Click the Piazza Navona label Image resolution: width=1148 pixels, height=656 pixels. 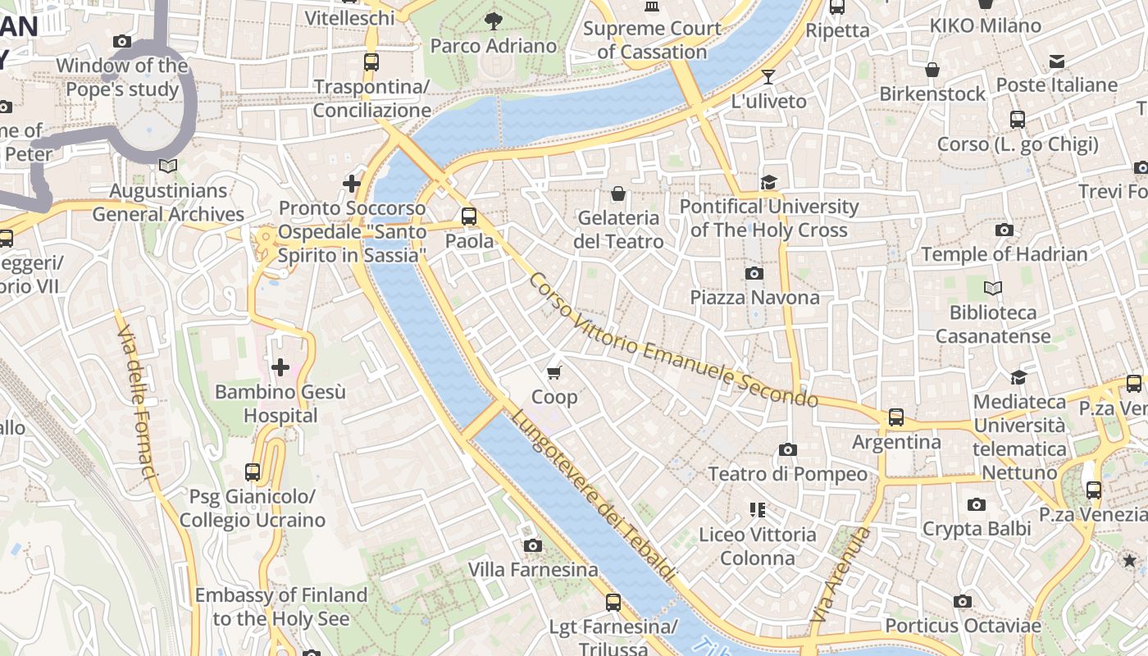(754, 297)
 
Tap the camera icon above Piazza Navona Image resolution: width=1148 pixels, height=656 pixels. (754, 273)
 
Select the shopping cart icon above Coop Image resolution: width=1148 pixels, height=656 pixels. (554, 373)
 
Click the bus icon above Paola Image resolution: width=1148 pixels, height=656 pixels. (469, 216)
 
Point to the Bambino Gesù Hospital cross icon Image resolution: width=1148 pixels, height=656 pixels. (280, 367)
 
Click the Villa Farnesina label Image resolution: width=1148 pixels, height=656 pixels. (533, 569)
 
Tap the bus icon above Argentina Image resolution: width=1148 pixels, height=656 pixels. (896, 417)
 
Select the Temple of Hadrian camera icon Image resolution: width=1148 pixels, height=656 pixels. (1004, 230)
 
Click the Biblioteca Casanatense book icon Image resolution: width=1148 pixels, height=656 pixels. (993, 289)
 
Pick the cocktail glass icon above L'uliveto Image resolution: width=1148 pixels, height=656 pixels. (768, 77)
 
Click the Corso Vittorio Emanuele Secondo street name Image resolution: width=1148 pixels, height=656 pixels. (672, 340)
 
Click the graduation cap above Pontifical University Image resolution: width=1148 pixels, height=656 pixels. (768, 182)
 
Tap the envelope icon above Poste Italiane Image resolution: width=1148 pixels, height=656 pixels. (1057, 61)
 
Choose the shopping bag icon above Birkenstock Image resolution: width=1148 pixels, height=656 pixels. (932, 70)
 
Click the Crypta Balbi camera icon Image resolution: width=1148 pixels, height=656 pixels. (976, 505)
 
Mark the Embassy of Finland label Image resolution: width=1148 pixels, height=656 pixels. (281, 607)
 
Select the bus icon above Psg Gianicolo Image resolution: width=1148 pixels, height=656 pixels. (253, 472)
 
